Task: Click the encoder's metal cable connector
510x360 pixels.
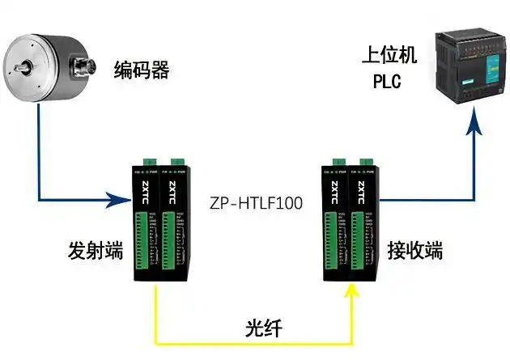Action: tap(84, 64)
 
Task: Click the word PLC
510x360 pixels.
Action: tap(388, 82)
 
